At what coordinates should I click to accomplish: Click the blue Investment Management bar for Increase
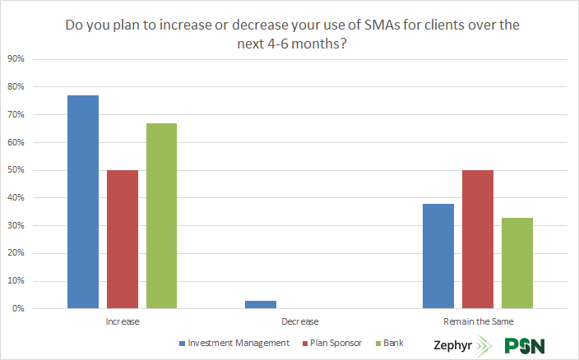click(x=83, y=201)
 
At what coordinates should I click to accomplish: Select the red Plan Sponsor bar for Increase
click(x=123, y=239)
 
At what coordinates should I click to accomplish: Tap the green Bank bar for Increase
click(x=161, y=215)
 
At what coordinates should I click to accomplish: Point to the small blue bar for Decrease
click(x=261, y=304)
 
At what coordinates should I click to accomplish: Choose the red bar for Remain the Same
click(x=478, y=239)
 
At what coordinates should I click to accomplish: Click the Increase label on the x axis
click(x=122, y=321)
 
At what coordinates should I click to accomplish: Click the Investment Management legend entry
click(x=234, y=342)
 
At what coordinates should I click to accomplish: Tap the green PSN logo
click(x=525, y=345)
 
